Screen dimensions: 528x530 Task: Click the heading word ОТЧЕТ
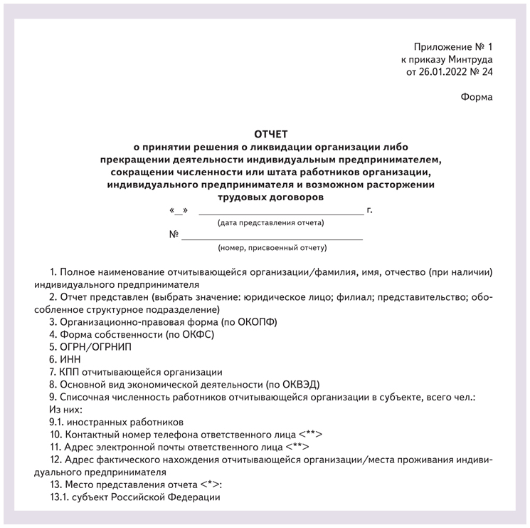pos(271,134)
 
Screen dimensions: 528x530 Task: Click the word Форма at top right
pos(476,97)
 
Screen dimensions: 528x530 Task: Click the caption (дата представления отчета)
pos(270,223)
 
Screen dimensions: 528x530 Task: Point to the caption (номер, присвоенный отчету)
pos(272,248)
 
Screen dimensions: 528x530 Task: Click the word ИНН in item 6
pos(70,359)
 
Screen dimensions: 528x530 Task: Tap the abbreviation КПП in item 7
pos(71,372)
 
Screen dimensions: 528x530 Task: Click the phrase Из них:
pos(65,409)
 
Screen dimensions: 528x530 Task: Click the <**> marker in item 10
pos(311,435)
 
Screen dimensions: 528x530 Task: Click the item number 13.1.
pos(60,497)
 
